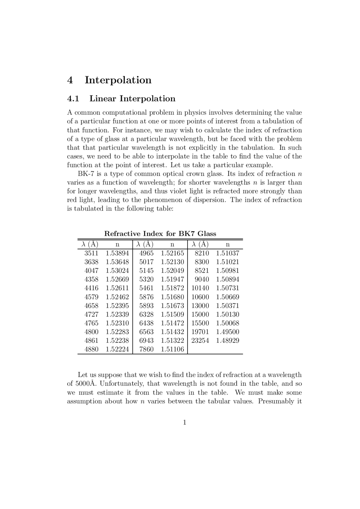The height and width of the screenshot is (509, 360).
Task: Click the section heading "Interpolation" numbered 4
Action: point(118,80)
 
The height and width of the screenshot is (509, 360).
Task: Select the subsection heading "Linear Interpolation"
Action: point(132,99)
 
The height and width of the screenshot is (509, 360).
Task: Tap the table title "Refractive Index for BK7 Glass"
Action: point(160,234)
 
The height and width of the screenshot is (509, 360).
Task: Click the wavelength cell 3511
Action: point(91,253)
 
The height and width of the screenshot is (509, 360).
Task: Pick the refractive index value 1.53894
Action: point(117,253)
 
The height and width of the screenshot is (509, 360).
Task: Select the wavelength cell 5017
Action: point(147,262)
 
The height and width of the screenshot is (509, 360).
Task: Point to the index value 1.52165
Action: point(172,253)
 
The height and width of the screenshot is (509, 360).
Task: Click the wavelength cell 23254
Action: point(200,341)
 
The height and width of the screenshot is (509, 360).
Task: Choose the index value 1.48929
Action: point(228,341)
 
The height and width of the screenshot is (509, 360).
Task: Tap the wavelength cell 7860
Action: point(147,349)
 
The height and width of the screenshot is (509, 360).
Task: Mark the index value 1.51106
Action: point(172,349)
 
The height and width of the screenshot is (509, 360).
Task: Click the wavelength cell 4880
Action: point(91,349)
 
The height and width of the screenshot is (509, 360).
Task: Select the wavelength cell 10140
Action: point(200,288)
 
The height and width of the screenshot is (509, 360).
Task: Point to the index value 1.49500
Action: point(228,332)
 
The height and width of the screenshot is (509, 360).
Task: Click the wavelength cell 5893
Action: point(147,306)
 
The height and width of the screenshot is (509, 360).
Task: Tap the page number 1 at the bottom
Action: point(184,422)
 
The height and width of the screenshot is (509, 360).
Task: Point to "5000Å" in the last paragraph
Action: point(85,384)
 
